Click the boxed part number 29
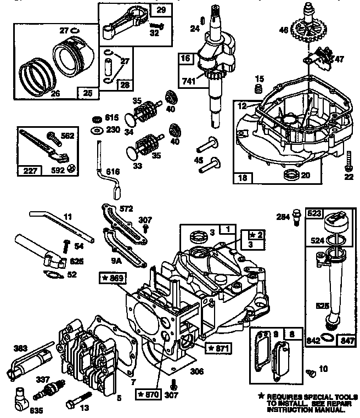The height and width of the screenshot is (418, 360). (x=161, y=10)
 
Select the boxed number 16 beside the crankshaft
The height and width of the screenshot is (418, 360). (x=185, y=58)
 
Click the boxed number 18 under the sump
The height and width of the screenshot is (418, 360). (x=242, y=177)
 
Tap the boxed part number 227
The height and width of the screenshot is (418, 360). (x=29, y=171)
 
